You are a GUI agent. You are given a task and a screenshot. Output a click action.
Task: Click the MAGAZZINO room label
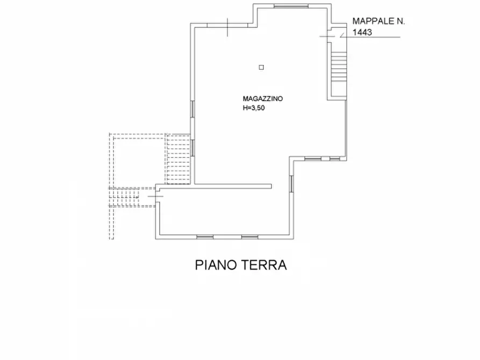(x=263, y=99)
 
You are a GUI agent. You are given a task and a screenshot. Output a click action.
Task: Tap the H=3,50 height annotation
(x=254, y=107)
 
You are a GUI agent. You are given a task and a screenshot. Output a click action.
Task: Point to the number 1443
(x=362, y=32)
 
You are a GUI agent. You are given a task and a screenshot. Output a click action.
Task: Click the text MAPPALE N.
(x=378, y=21)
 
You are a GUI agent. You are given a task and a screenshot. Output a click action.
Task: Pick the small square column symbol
(x=261, y=67)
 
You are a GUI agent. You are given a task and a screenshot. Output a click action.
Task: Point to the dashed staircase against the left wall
(x=178, y=159)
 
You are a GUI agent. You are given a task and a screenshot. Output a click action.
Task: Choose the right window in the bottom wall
(x=249, y=237)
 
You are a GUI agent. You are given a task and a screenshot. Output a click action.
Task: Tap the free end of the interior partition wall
(x=271, y=186)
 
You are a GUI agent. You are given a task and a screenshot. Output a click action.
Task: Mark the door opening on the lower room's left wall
(x=156, y=197)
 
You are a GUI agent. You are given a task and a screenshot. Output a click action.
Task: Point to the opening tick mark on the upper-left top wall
(x=228, y=25)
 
